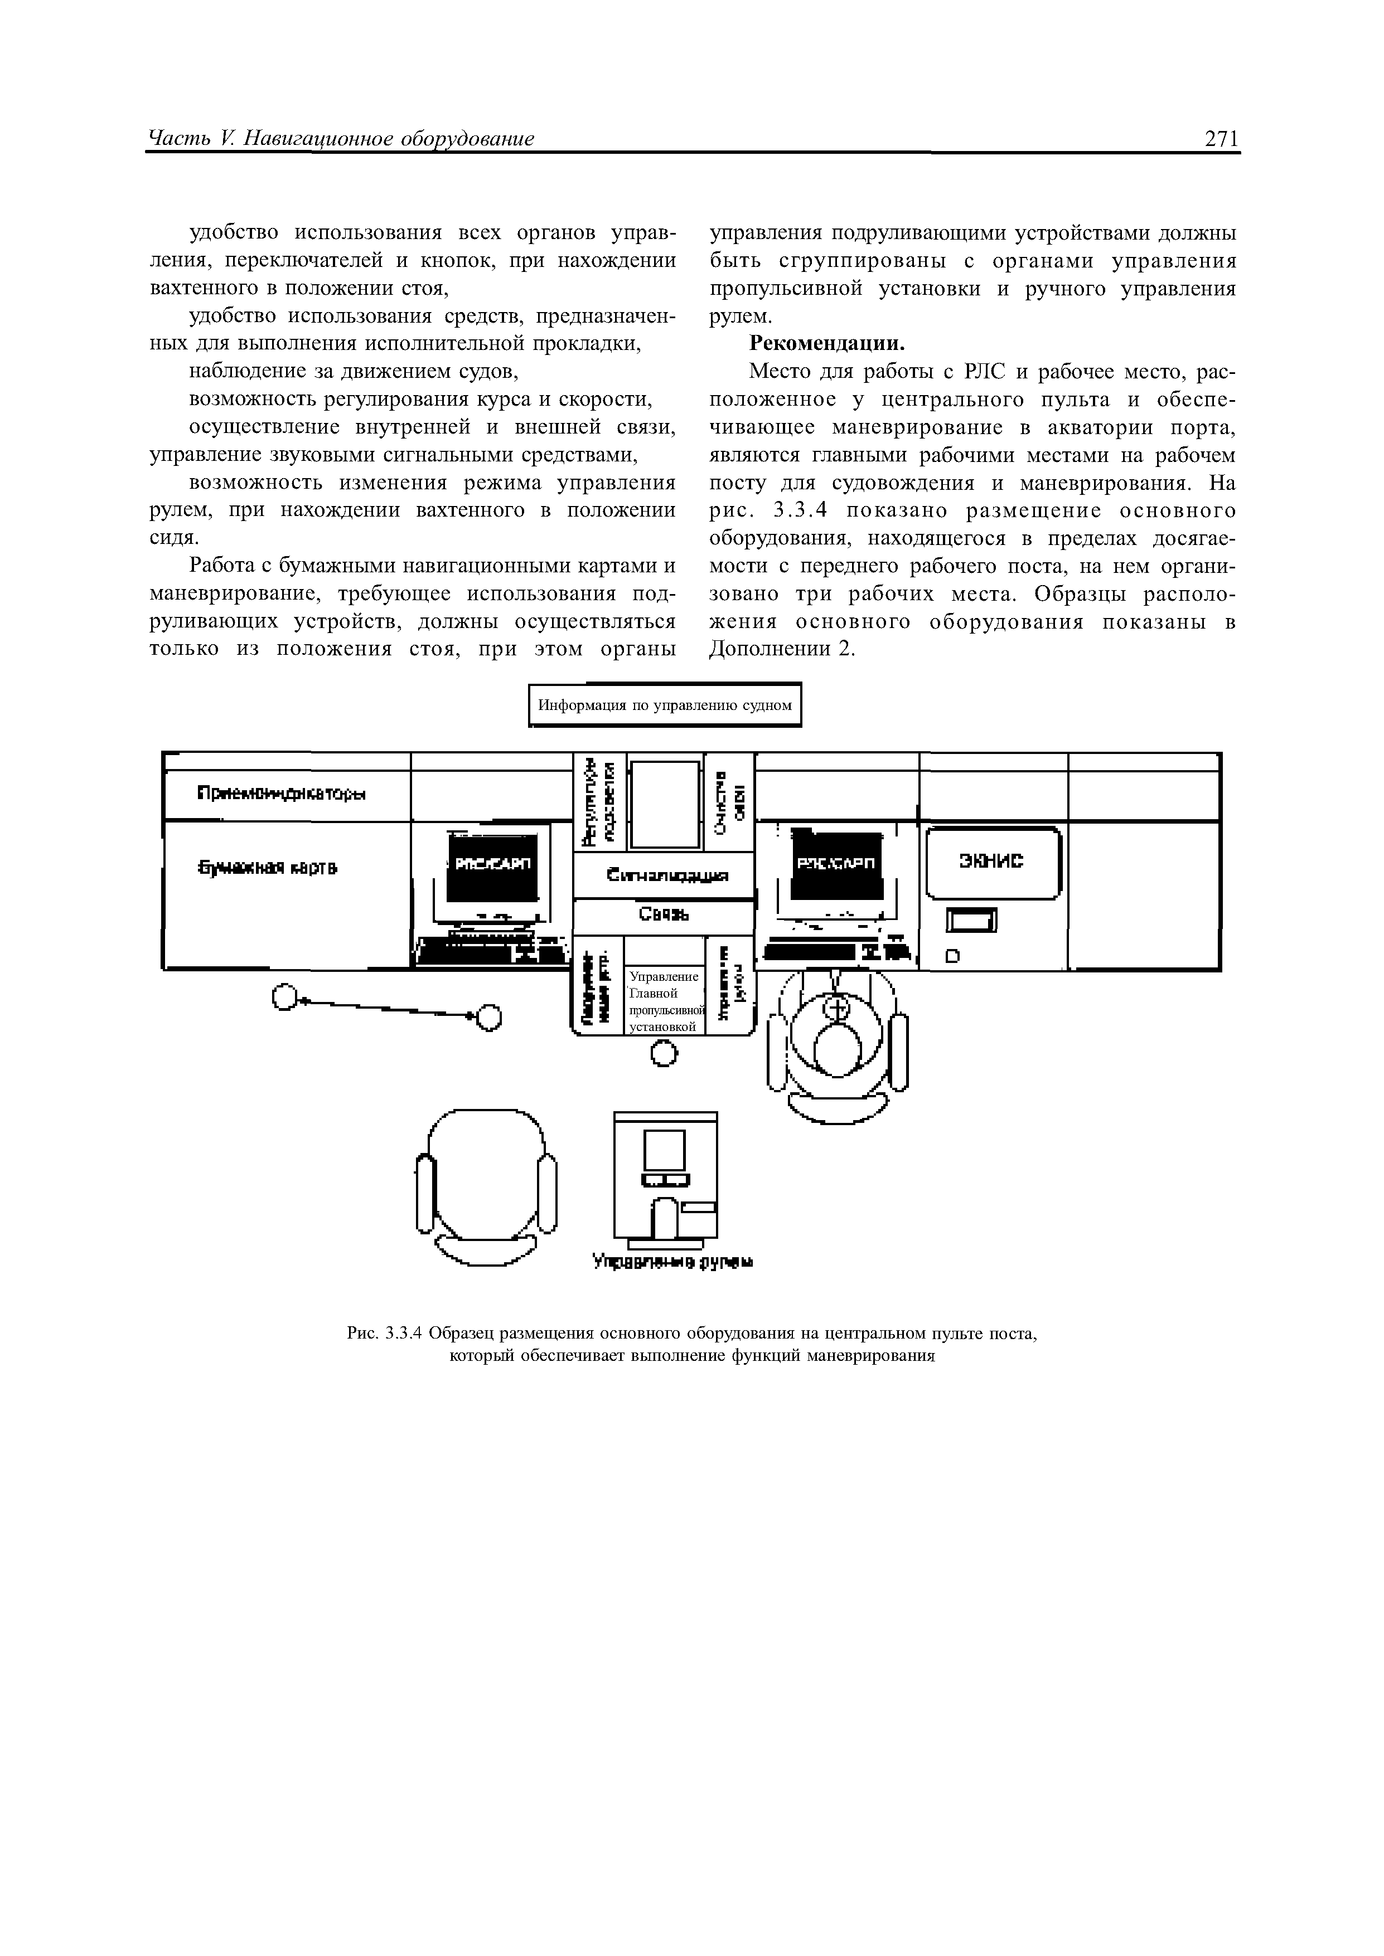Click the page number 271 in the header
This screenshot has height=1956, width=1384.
pyautogui.click(x=1221, y=139)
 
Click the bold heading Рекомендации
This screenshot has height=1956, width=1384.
pyautogui.click(x=825, y=344)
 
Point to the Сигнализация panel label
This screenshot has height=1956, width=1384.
pyautogui.click(x=667, y=876)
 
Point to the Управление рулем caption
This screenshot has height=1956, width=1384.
pyautogui.click(x=672, y=1261)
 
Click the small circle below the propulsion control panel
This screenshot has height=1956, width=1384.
pyautogui.click(x=664, y=1055)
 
